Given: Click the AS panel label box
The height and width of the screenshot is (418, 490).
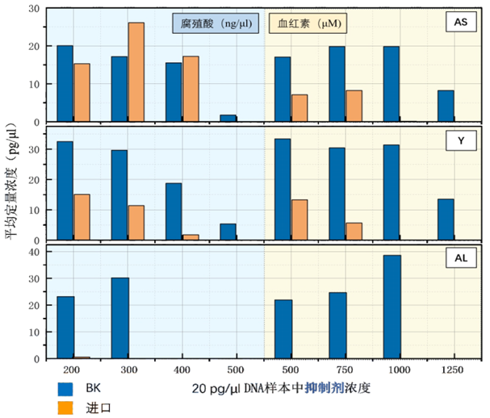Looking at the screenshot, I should (461, 23).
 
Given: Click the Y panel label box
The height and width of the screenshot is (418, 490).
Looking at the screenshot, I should (461, 140).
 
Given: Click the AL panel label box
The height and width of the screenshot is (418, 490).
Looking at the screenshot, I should (461, 258).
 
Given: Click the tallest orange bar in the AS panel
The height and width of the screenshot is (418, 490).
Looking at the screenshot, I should (136, 72).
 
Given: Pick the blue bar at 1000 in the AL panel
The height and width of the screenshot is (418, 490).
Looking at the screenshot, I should (392, 307).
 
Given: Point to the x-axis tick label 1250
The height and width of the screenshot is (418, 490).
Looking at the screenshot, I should (446, 370).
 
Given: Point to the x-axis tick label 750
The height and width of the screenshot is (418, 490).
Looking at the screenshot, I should (337, 370).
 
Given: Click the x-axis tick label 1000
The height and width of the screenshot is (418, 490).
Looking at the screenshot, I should (392, 370).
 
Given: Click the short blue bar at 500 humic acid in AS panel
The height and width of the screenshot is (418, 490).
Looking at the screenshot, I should (228, 119).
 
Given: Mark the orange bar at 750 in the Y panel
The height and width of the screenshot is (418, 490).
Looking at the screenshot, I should (354, 232).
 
